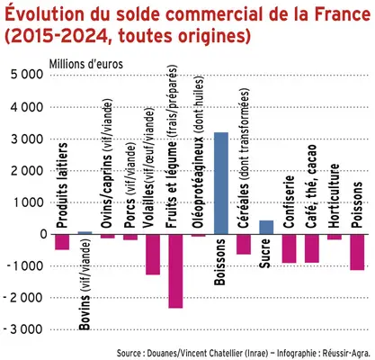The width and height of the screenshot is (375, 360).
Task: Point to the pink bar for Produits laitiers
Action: pyautogui.click(x=62, y=241)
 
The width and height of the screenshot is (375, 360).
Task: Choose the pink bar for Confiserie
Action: pyautogui.click(x=289, y=248)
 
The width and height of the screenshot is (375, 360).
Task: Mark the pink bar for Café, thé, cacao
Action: pyautogui.click(x=311, y=248)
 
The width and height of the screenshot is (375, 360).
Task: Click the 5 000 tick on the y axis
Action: pyautogui.click(x=26, y=75)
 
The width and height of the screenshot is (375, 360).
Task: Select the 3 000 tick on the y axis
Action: pyautogui.click(x=26, y=139)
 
